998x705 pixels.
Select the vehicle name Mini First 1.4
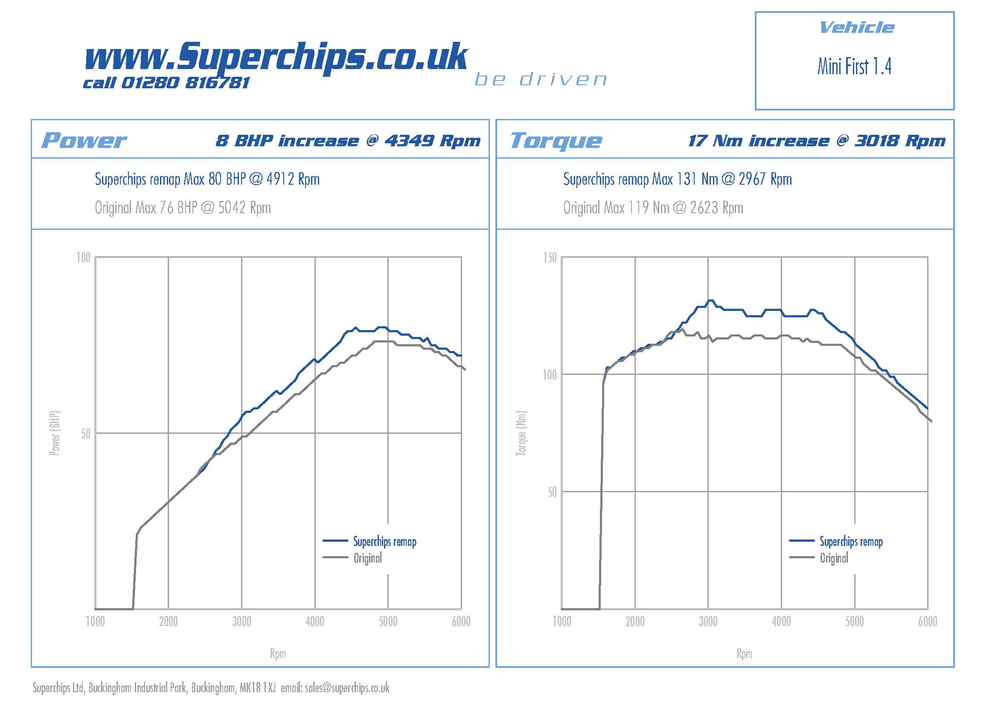[x=854, y=67]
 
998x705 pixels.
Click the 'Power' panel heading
[x=84, y=140]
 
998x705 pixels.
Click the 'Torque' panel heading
[x=556, y=140]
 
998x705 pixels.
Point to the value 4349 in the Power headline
[x=409, y=141]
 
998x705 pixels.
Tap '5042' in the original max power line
[x=232, y=208]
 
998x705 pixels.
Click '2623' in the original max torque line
[x=704, y=208]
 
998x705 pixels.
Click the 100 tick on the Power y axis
[x=84, y=258]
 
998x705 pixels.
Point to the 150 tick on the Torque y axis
[x=550, y=258]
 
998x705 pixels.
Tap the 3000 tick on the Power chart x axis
[x=241, y=621]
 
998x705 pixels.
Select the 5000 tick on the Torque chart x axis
[x=854, y=621]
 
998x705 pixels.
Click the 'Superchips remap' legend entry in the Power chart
[x=385, y=541]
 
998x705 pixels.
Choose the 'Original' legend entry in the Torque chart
[x=834, y=558]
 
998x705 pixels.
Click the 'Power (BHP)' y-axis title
[x=54, y=433]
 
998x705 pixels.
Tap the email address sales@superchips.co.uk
[x=347, y=688]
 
